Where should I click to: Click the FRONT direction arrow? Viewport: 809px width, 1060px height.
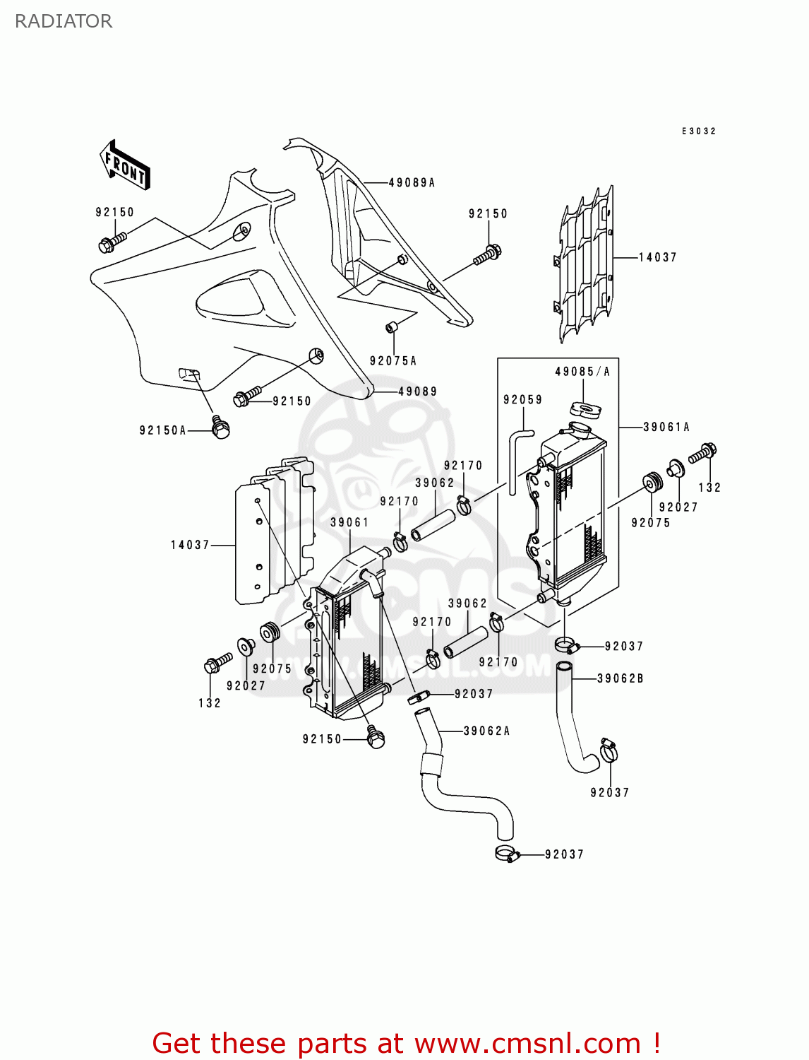[x=126, y=165]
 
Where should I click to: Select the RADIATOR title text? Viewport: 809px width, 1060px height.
[x=64, y=21]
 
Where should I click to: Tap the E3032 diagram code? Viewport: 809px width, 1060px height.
[x=698, y=131]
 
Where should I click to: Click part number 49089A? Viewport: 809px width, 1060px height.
[x=412, y=183]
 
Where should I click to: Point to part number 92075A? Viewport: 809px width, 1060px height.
[x=392, y=361]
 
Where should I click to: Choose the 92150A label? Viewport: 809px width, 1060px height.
[x=162, y=430]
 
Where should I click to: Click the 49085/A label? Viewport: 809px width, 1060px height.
[x=582, y=372]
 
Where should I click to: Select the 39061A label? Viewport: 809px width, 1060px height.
[x=666, y=427]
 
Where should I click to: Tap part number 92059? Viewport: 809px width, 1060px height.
[x=522, y=400]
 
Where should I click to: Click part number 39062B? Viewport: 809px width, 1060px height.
[x=621, y=678]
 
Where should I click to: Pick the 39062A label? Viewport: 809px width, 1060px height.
[x=486, y=731]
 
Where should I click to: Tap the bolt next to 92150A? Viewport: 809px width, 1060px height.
[x=220, y=427]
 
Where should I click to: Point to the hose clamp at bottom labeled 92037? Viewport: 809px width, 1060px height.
[x=508, y=854]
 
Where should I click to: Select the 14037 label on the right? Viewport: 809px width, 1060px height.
[x=657, y=258]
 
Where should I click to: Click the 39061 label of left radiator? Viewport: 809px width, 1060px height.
[x=349, y=523]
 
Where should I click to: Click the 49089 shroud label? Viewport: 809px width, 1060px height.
[x=417, y=391]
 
